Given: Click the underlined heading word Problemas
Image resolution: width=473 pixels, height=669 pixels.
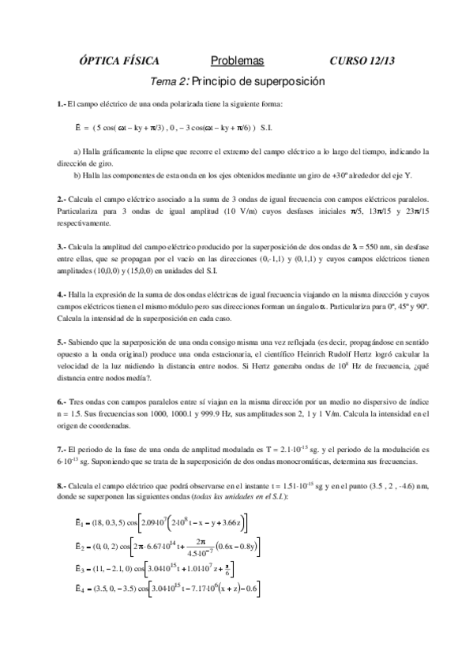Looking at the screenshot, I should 237,61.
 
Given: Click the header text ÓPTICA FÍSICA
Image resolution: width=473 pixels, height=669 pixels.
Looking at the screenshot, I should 120,61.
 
